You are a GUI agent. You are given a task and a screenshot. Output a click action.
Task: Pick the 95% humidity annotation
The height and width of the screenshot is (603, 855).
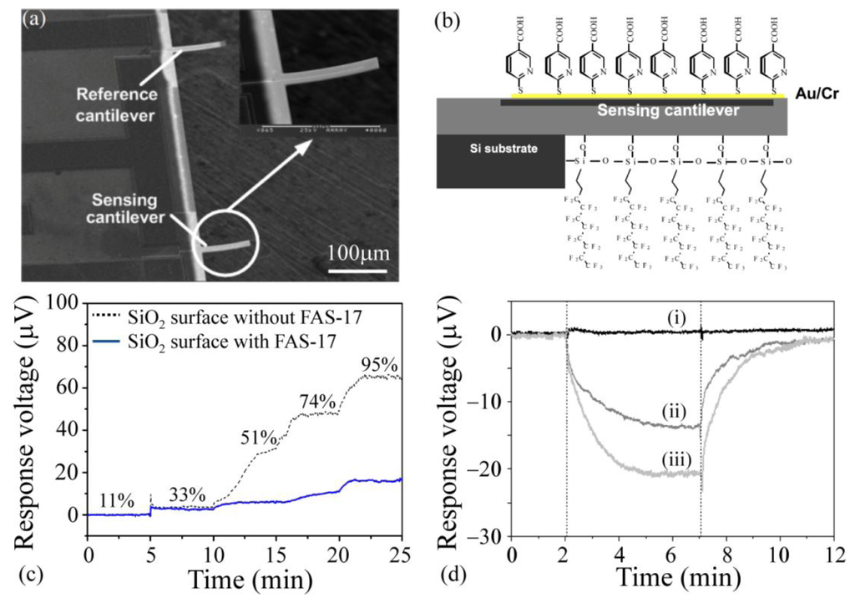click(x=379, y=365)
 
